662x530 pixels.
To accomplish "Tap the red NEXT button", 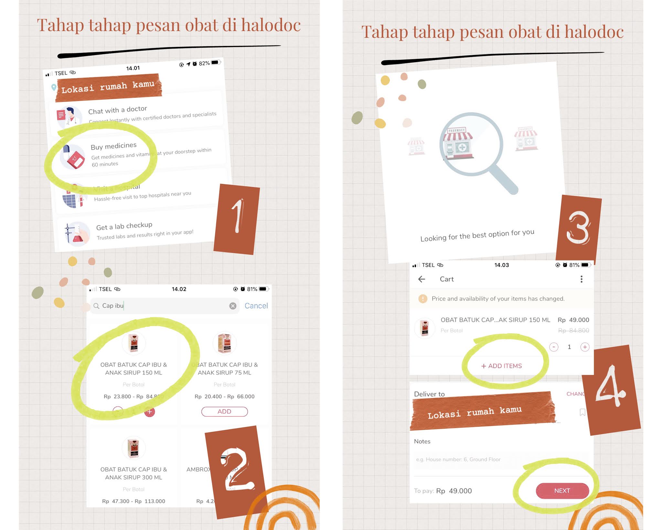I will point(562,491).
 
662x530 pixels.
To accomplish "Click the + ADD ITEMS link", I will point(501,366).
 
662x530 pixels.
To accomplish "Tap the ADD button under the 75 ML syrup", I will point(224,411).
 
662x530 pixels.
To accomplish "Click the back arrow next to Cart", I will point(422,279).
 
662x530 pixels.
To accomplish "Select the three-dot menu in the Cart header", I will point(581,279).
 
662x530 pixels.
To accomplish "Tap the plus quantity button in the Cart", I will point(584,347).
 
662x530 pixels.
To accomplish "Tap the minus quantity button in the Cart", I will point(554,347).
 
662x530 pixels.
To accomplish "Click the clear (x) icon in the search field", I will point(233,306).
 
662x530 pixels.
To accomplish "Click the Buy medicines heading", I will point(113,146).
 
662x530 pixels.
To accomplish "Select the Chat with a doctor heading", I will point(118,110).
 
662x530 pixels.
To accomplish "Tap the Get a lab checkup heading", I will point(124,226).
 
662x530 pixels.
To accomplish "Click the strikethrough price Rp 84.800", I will point(573,330).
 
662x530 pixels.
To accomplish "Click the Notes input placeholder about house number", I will point(458,459).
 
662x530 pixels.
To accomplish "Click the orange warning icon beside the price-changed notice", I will point(422,299).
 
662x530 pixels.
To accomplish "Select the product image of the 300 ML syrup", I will point(133,448).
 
